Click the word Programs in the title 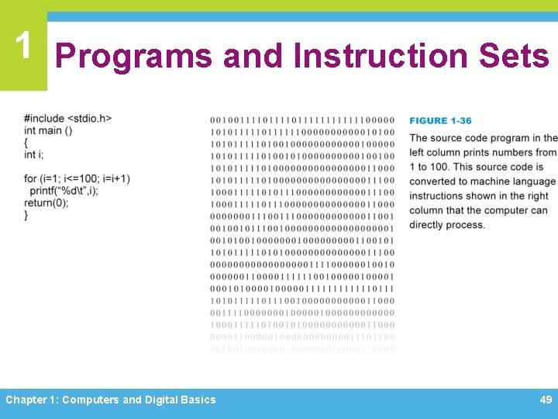[x=133, y=56]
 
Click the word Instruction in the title [x=380, y=56]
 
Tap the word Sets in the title [x=514, y=56]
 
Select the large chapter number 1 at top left [x=23, y=46]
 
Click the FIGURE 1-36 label [x=440, y=120]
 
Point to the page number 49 [x=546, y=400]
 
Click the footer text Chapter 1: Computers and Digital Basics [x=111, y=400]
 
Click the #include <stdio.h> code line [x=68, y=119]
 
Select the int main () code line [x=48, y=131]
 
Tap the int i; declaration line [x=34, y=155]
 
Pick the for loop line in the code [x=77, y=179]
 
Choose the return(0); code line [x=46, y=203]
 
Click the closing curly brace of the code [x=26, y=215]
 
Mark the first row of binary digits [x=301, y=120]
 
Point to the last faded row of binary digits [x=301, y=349]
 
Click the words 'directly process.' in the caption [x=447, y=225]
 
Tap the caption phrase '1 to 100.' [x=429, y=167]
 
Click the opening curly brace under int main [x=26, y=144]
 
